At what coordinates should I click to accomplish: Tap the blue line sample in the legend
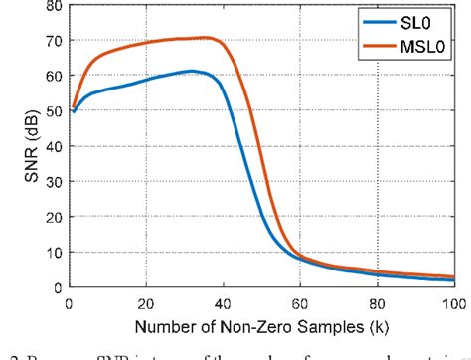click(379, 21)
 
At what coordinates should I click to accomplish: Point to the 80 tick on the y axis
click(52, 6)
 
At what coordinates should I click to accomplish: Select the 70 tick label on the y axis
click(52, 41)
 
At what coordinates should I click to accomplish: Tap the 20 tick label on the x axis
click(146, 302)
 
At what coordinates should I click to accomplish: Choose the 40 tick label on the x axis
click(224, 302)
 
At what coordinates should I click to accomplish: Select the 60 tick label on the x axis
click(301, 302)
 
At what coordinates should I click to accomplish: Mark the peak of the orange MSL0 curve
click(205, 38)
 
